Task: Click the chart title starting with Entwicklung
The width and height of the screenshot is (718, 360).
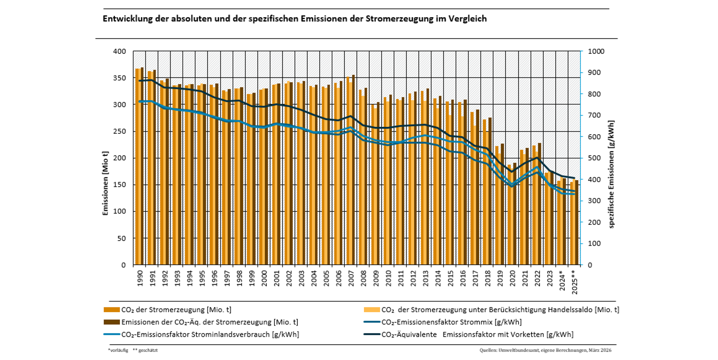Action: pos(294,19)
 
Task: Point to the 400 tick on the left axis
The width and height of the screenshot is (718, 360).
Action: pos(120,51)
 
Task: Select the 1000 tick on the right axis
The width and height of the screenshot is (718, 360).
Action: pos(596,51)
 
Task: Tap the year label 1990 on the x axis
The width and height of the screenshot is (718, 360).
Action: pos(138,280)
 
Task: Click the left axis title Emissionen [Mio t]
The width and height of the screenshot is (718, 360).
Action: pos(105,158)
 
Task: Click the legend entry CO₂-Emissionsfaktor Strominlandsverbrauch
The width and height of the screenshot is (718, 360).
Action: pos(209,334)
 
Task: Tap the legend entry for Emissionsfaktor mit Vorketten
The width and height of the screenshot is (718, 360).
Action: pos(477,334)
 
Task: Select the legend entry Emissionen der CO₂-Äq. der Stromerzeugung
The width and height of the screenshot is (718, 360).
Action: pos(209,322)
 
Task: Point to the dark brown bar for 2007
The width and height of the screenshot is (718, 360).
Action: pos(353,170)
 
